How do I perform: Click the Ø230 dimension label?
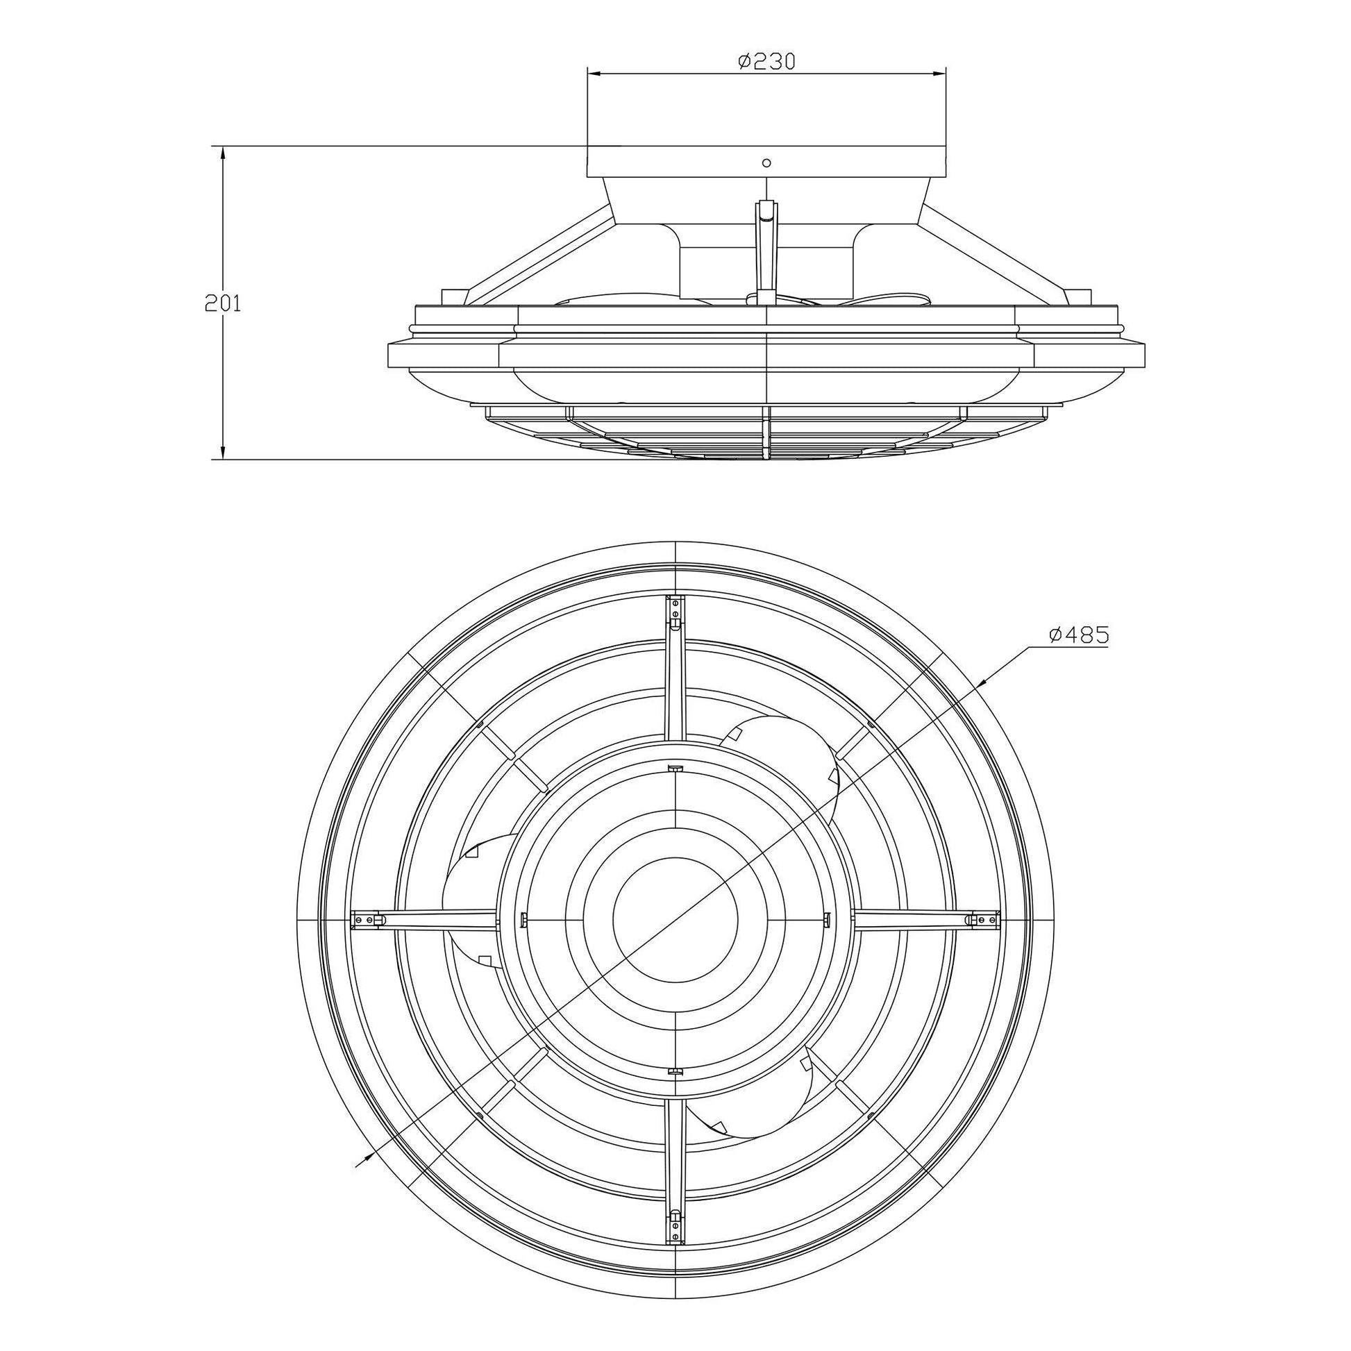click(767, 62)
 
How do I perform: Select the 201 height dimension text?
click(222, 303)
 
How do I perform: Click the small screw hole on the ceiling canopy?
click(766, 163)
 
